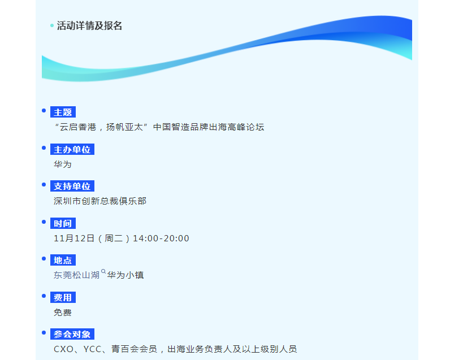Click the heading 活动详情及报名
point(89,25)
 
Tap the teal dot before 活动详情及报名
point(52,25)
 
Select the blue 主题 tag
point(63,112)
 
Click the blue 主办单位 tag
point(72,149)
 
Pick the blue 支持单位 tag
point(72,186)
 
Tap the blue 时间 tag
point(63,223)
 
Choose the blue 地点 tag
point(63,261)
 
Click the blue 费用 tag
point(63,297)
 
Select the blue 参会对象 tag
point(72,335)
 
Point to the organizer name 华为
point(63,164)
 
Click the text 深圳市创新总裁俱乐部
point(100,201)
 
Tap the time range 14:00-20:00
point(161,238)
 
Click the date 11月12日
point(74,238)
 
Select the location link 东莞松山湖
point(76,275)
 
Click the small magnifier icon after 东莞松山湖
point(103,271)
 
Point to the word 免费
point(63,313)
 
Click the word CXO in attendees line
point(63,349)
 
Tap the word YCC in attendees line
point(92,349)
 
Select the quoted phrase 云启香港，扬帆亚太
point(101,127)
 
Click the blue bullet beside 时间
point(44,222)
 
